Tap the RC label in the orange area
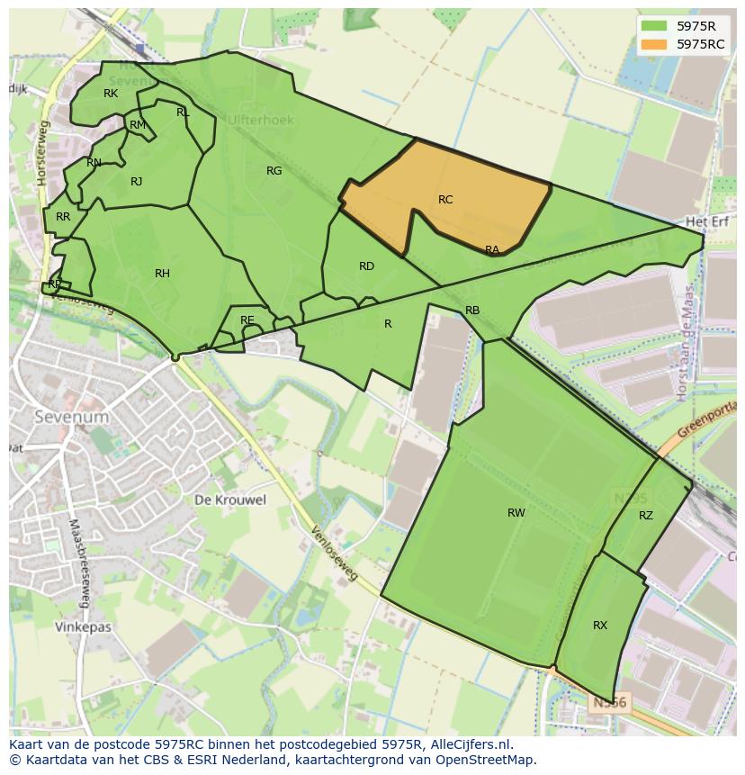tap(445, 200)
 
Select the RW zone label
tap(516, 513)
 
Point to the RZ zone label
tap(646, 516)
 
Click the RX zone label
tap(600, 626)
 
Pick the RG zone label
tap(274, 171)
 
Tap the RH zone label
tap(162, 274)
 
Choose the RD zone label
tap(366, 266)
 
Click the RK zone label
tap(111, 94)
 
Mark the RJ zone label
tap(136, 182)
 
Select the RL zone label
tap(183, 113)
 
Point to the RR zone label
tap(63, 217)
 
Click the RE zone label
tap(247, 320)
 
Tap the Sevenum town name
tap(71, 417)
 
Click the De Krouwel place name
tap(230, 500)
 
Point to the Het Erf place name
tap(706, 221)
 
